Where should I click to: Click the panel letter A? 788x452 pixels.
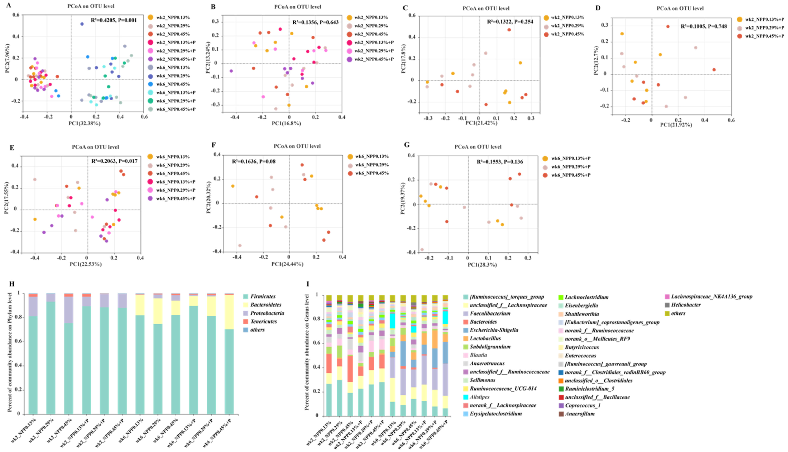pos(9,5)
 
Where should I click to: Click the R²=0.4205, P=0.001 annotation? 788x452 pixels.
pos(114,20)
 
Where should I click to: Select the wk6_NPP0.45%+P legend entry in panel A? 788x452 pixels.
pos(176,109)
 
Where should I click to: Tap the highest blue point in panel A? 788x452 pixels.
pos(82,24)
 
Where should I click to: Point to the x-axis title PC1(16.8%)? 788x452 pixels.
pos(286,124)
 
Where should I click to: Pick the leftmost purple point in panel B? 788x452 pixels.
pos(231,71)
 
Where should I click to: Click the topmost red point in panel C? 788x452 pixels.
pos(509,30)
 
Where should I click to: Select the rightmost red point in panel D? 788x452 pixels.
pos(714,70)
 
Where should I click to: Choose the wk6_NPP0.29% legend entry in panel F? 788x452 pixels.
pos(372,165)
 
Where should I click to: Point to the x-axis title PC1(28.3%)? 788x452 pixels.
pos(482,265)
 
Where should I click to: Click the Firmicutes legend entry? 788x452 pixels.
pos(263,296)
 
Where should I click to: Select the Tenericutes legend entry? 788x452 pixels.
pos(263,322)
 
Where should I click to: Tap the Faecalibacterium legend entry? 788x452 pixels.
pos(490,314)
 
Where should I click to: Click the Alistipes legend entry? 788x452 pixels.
pos(479,397)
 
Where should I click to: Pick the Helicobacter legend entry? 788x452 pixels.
pos(686,305)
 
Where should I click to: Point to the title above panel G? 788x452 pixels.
pos(478,147)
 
